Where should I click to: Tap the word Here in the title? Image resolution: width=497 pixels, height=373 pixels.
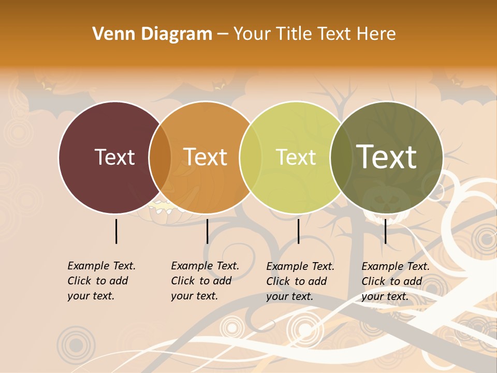pyautogui.click(x=377, y=34)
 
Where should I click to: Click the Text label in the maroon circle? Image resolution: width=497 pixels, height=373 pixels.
pyautogui.click(x=114, y=157)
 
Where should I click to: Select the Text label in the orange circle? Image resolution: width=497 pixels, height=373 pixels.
pyautogui.click(x=206, y=157)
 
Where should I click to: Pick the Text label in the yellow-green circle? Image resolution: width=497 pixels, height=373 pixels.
pyautogui.click(x=296, y=157)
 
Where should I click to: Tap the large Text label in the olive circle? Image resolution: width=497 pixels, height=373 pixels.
pyautogui.click(x=387, y=156)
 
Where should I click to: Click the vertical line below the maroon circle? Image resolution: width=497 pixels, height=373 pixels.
pyautogui.click(x=116, y=231)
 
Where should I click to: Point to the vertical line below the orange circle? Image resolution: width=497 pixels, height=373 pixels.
pyautogui.click(x=207, y=231)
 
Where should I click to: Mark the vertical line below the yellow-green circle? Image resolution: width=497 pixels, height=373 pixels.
pyautogui.click(x=298, y=231)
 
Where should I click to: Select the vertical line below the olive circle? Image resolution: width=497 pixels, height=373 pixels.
pyautogui.click(x=385, y=231)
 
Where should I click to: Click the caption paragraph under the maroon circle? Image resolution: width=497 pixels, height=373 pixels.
pyautogui.click(x=101, y=281)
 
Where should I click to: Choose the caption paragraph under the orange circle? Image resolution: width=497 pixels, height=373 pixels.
pyautogui.click(x=204, y=281)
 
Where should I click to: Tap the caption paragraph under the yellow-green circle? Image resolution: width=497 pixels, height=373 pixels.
pyautogui.click(x=300, y=281)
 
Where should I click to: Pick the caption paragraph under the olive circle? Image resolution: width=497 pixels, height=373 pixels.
pyautogui.click(x=395, y=281)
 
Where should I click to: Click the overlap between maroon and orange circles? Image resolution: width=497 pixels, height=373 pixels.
pyautogui.click(x=160, y=157)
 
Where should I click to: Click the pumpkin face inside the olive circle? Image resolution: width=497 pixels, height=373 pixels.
pyautogui.click(x=386, y=199)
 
